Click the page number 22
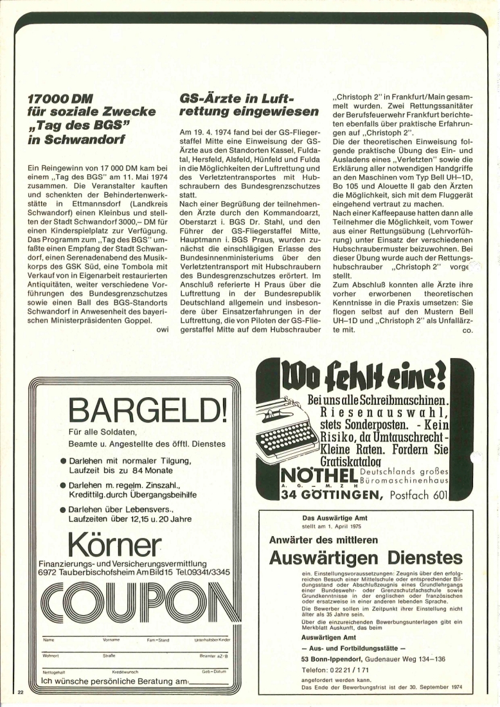[21, 692]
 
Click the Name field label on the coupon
[48, 640]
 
